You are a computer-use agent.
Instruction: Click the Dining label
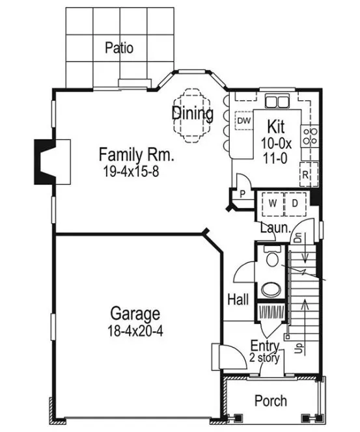click(193, 113)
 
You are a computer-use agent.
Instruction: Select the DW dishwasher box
click(243, 121)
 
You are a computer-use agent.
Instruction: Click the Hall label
click(238, 299)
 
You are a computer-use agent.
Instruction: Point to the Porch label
click(270, 401)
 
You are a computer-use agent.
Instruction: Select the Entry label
click(265, 346)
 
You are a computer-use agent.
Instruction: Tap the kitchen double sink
click(277, 101)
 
